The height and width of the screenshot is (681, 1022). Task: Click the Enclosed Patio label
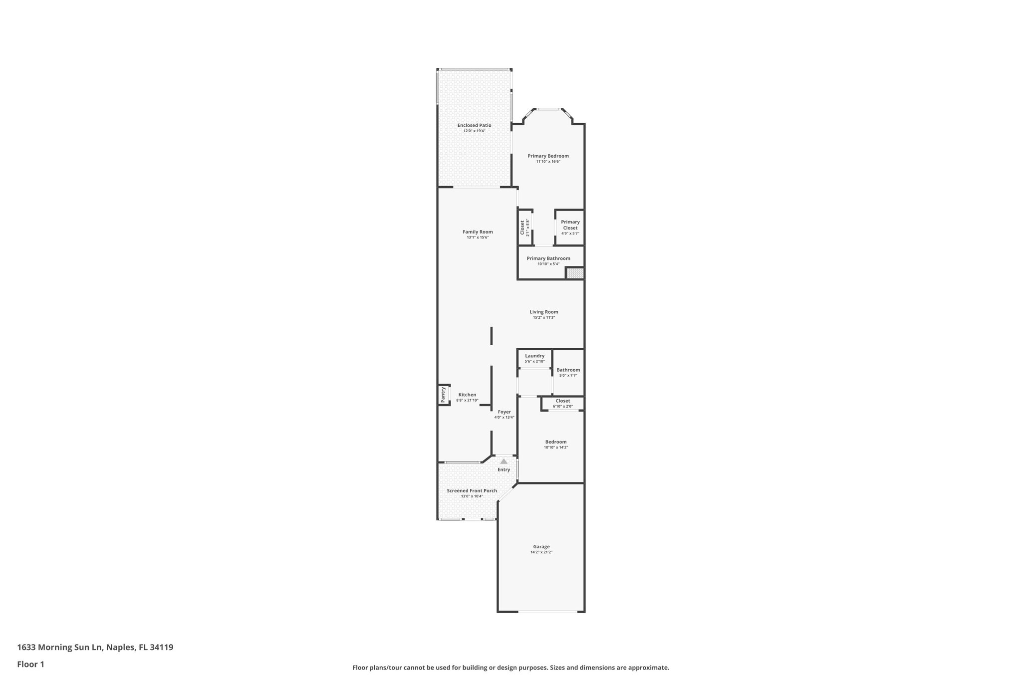(x=474, y=125)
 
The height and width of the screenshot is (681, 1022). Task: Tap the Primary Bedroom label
(x=548, y=156)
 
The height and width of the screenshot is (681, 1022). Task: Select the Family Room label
(x=478, y=231)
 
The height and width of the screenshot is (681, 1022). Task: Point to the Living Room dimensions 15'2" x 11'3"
(x=543, y=318)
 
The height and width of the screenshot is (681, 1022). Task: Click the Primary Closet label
(x=570, y=225)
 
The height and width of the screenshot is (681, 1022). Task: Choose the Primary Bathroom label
(x=548, y=258)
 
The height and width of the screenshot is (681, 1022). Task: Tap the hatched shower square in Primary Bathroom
(x=574, y=273)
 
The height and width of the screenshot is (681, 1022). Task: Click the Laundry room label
(x=534, y=356)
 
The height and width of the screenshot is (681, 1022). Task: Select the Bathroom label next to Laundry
(x=568, y=370)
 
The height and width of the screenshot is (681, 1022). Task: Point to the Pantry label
(x=443, y=395)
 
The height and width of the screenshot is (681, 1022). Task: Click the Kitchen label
(x=467, y=395)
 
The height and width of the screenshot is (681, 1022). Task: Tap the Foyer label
(x=504, y=412)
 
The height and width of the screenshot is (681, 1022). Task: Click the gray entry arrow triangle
(x=504, y=461)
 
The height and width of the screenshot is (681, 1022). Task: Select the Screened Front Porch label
(x=472, y=490)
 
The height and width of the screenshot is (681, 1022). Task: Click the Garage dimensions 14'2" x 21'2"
(x=541, y=552)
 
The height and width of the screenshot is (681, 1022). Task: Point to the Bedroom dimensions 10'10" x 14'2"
(x=555, y=448)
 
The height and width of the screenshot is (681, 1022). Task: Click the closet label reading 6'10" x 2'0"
(x=562, y=406)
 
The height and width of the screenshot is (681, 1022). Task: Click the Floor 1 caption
(x=30, y=664)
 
